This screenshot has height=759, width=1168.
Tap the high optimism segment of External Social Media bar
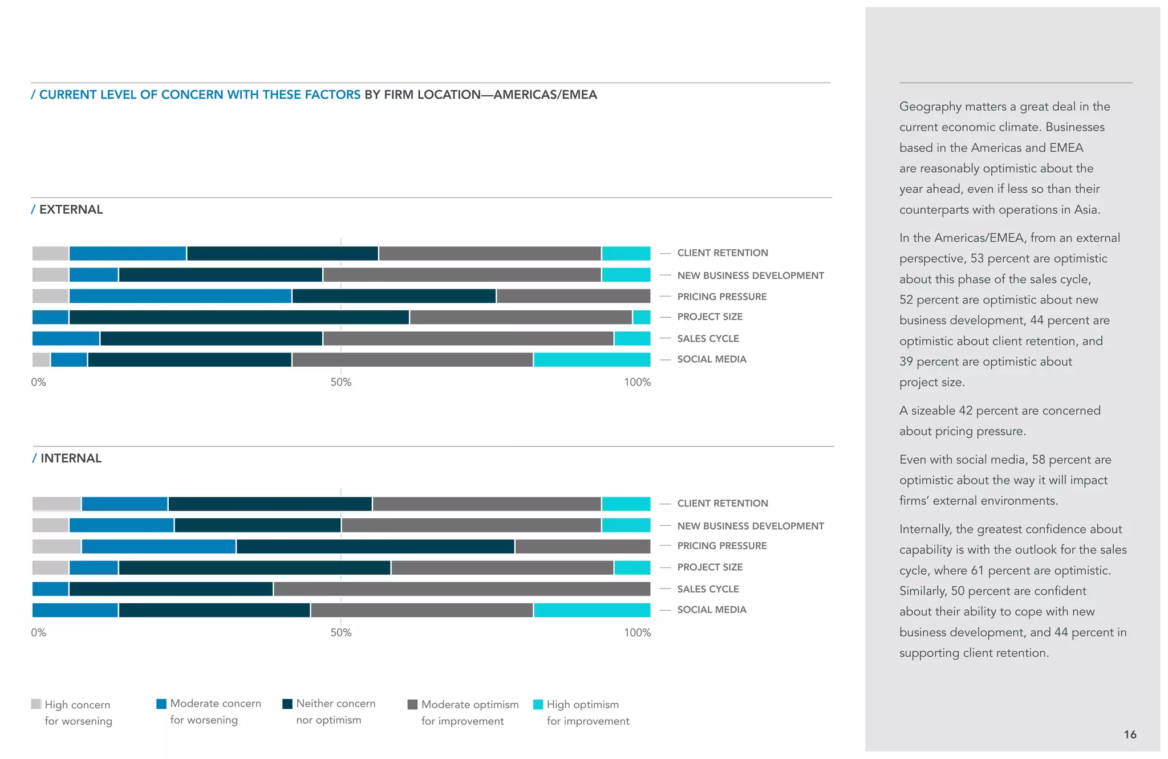click(591, 360)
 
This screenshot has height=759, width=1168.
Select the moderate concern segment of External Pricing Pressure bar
click(180, 296)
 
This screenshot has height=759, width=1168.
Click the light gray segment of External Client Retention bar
click(50, 253)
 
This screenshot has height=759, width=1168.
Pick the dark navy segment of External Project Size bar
click(239, 317)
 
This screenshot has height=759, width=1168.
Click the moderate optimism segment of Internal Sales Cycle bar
click(461, 589)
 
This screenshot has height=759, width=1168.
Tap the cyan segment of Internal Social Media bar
click(591, 610)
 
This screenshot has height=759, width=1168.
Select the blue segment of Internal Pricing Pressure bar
click(159, 546)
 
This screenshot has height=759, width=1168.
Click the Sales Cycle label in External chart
click(708, 339)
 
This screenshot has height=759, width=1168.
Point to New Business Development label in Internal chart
click(750, 526)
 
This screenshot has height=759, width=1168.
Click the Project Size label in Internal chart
click(709, 567)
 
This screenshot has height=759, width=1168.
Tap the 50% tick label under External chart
click(341, 382)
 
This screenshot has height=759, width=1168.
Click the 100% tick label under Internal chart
click(637, 632)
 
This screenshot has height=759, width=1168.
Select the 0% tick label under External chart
click(38, 382)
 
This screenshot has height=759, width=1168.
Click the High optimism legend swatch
click(538, 704)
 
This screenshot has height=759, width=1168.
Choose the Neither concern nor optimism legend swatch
click(287, 704)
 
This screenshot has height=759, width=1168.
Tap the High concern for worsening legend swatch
click(36, 704)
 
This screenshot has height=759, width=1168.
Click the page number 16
click(1130, 734)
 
